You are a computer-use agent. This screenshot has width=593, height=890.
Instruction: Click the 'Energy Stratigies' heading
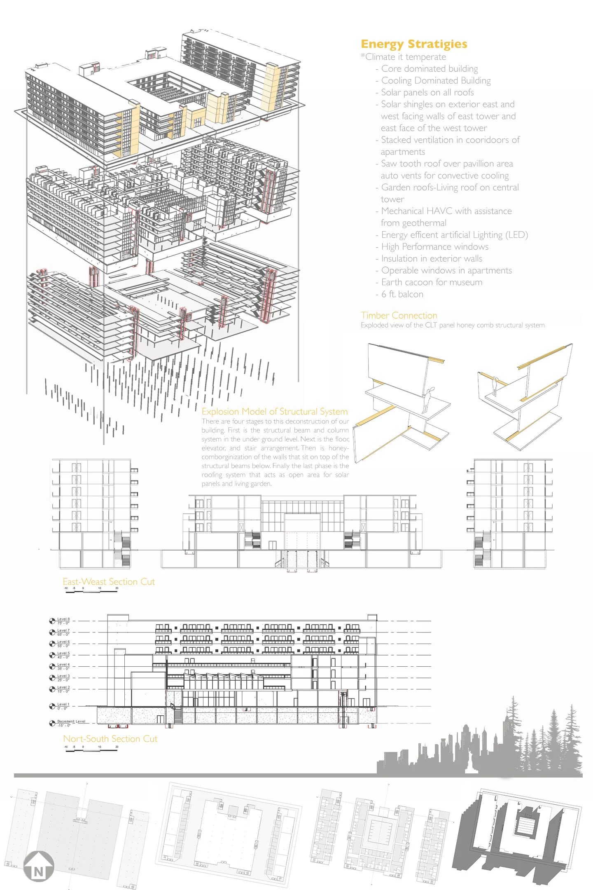pos(414,44)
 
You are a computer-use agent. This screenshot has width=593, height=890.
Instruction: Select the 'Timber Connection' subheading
pos(399,315)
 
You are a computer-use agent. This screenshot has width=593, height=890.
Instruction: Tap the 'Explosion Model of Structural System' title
pos(275,411)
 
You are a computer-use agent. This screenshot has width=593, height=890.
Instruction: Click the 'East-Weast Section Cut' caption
pos(109,581)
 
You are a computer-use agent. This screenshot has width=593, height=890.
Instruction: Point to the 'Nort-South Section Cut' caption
pos(110,739)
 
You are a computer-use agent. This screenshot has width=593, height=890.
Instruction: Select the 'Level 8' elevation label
pos(63,619)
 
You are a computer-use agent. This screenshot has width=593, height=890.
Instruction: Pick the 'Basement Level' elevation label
pos(71,721)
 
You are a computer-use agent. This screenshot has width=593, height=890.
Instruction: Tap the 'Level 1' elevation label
pos(63,704)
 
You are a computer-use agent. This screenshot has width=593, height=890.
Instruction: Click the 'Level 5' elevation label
pos(63,653)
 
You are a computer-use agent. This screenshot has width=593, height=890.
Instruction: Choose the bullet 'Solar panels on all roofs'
pos(427,92)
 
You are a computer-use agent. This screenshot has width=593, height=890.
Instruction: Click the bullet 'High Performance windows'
pos(434,247)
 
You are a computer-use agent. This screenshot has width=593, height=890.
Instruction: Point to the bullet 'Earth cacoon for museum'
pos(432,282)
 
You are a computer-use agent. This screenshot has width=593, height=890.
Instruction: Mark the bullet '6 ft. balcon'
pos(402,294)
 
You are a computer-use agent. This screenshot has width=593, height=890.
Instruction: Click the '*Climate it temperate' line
pos(404,57)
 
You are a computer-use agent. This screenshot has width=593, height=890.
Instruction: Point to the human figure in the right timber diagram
pos(496,386)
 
